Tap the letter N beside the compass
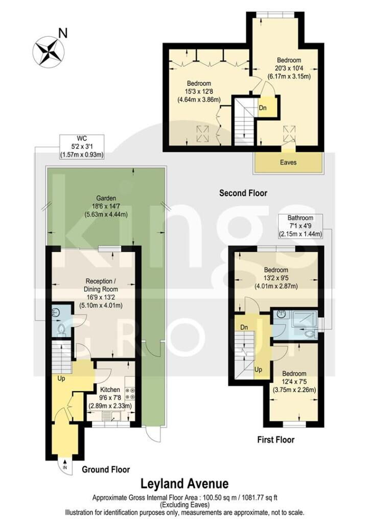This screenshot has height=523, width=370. click(x=63, y=33)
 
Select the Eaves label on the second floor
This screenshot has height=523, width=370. click(x=288, y=162)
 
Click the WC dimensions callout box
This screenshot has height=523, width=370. click(x=82, y=147)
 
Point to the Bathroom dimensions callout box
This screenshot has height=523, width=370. click(x=300, y=226)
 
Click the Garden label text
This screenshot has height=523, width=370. click(x=106, y=198)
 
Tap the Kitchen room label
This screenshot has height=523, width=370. click(x=110, y=390)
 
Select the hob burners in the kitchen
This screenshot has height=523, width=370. click(x=129, y=393)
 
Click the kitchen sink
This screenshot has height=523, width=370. click(x=111, y=416)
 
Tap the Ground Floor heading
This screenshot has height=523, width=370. click(x=106, y=470)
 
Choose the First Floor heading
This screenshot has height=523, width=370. click(x=276, y=440)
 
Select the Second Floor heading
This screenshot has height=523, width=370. click(x=243, y=193)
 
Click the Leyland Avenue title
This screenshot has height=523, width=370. click(x=184, y=483)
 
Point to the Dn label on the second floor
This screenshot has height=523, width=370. click(x=263, y=108)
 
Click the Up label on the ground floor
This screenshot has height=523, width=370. click(x=61, y=378)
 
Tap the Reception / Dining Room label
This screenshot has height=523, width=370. click(x=101, y=285)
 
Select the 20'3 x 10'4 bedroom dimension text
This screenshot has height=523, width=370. click(x=289, y=68)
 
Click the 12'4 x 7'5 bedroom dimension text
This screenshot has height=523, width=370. click(x=294, y=382)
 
